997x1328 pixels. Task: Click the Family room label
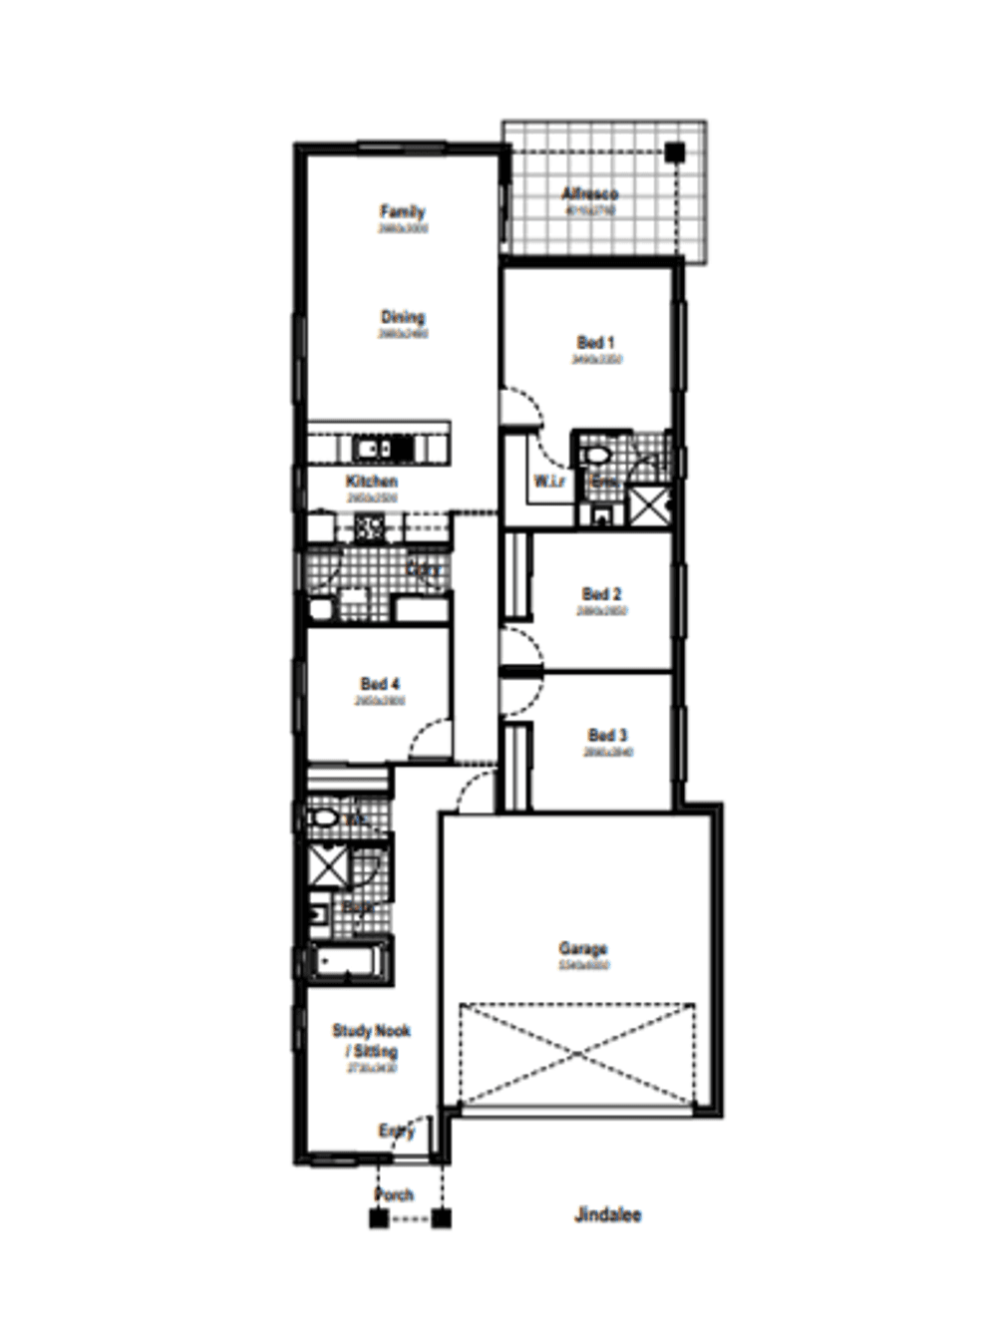[402, 211]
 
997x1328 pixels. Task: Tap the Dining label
[402, 317]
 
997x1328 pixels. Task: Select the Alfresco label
[589, 193]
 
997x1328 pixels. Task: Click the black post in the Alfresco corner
[675, 153]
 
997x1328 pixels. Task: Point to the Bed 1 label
[596, 342]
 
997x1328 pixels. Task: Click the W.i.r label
[548, 482]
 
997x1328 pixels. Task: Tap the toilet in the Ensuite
[596, 456]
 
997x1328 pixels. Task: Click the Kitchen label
[372, 481]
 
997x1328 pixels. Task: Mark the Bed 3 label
[607, 736]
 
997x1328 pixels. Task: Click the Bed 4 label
[380, 684]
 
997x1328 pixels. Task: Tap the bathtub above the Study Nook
[344, 963]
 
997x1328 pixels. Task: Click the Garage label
[583, 948]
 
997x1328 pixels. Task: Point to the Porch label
[394, 1194]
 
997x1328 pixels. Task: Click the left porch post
[379, 1217]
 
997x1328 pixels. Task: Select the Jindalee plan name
[607, 1214]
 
